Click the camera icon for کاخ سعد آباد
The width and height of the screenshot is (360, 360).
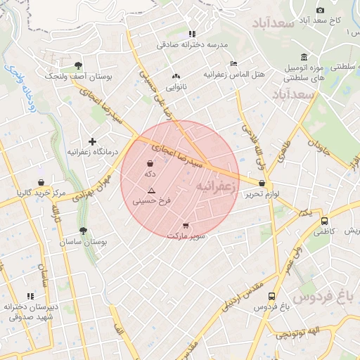321,10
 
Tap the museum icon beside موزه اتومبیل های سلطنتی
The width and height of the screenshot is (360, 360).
304,57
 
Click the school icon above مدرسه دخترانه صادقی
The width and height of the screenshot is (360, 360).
191,33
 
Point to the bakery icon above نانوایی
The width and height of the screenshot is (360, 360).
175,76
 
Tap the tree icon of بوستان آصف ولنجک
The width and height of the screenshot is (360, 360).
78,64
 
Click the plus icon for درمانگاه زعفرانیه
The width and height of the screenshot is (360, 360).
92,141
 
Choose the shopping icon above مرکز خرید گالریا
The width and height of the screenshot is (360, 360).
41,182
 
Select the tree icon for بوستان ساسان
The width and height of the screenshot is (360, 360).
84,231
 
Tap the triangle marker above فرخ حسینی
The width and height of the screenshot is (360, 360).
150,191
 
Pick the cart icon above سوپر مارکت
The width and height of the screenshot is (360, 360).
186,226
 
